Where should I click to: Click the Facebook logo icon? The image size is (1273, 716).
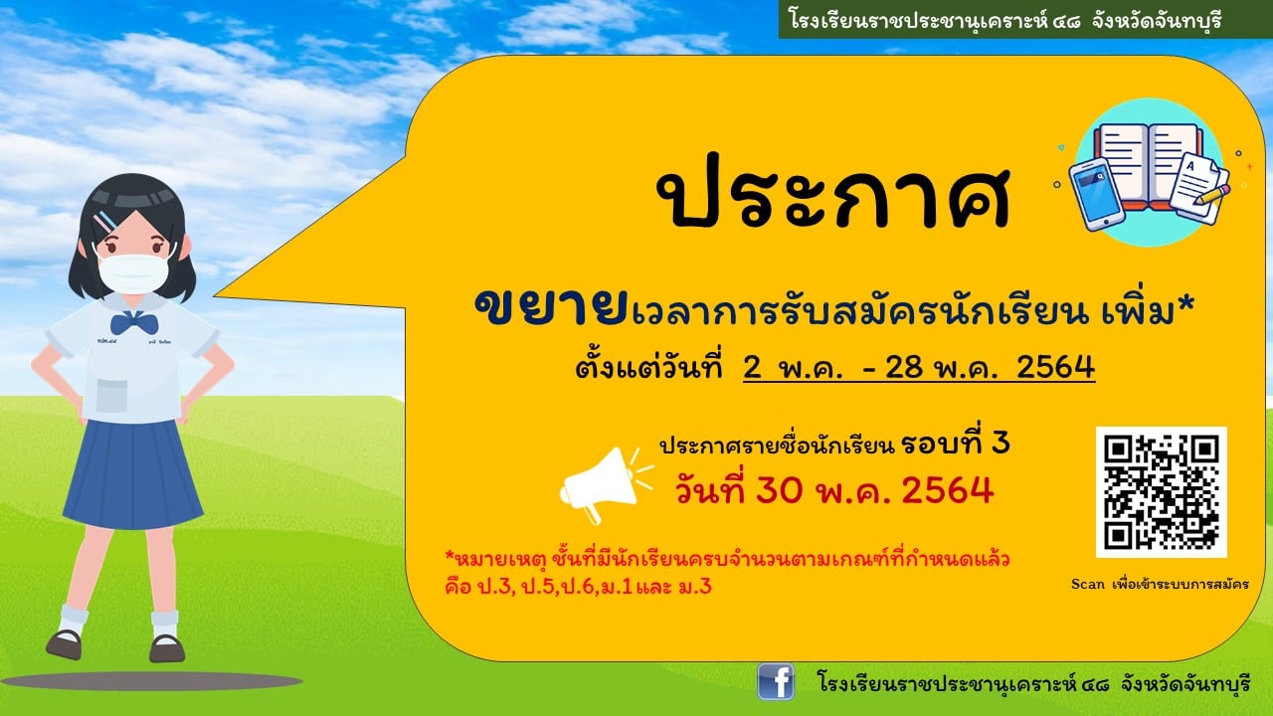(776, 681)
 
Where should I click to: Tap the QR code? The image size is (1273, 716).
(1161, 491)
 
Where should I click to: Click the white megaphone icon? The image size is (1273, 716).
(606, 484)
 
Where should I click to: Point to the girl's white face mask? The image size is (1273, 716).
(133, 273)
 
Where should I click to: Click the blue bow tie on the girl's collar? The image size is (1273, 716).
(133, 323)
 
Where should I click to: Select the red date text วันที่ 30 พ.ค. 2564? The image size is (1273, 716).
(834, 490)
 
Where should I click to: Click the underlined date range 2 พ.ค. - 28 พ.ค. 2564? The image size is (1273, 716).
(919, 367)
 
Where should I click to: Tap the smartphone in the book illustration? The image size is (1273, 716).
(1096, 193)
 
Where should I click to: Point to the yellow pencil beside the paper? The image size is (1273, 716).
(1213, 194)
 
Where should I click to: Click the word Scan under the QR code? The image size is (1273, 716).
(1088, 584)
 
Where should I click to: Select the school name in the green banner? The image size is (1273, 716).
(1005, 20)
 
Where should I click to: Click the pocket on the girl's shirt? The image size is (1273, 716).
(111, 396)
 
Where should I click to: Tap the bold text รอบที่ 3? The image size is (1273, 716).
(956, 444)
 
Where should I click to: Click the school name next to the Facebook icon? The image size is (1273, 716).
(1033, 683)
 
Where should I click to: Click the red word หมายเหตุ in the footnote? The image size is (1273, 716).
(495, 560)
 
